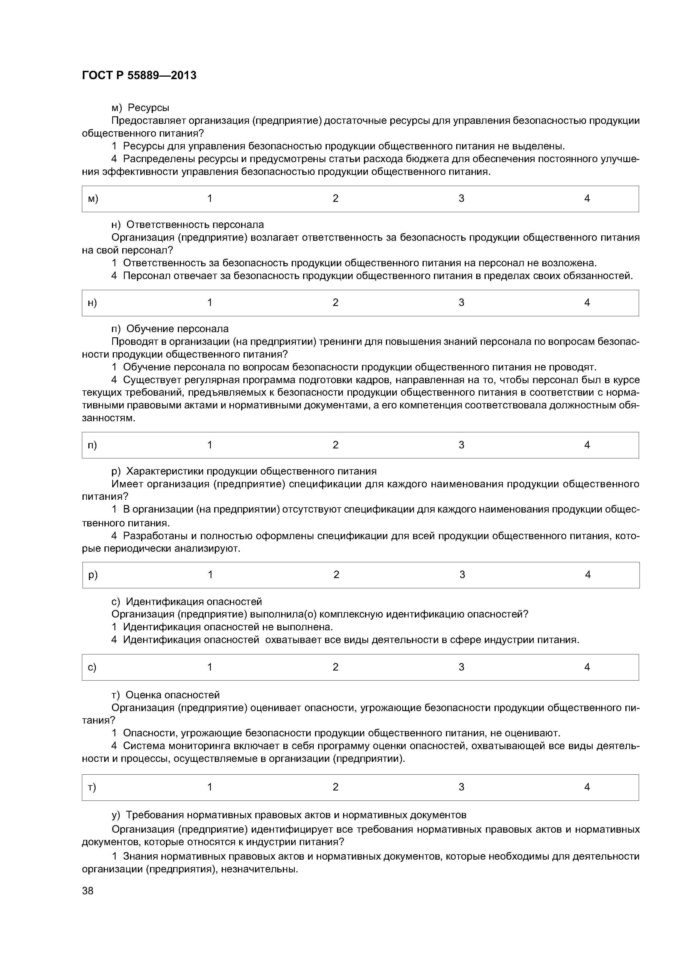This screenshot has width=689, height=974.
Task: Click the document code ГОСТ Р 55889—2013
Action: pos(139,76)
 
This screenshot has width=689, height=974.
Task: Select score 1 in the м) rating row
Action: pos(210,199)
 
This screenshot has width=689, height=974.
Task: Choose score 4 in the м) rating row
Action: pos(587,199)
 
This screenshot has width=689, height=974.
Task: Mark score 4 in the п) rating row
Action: pos(587,445)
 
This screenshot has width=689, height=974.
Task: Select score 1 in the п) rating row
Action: pos(210,445)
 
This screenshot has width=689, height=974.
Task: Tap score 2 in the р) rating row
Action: pos(336,575)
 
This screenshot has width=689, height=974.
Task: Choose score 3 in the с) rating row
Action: pos(461,667)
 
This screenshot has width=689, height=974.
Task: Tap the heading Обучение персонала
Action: pos(178,329)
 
